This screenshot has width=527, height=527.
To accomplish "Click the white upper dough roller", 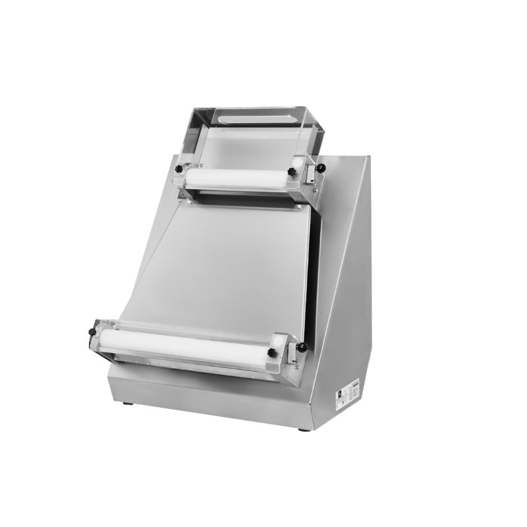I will click(237, 177).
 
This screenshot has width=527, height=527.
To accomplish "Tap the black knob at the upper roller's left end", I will click(179, 169).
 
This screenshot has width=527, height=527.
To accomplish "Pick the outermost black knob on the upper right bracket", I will click(321, 167).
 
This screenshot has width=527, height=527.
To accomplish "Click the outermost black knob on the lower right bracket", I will click(302, 347).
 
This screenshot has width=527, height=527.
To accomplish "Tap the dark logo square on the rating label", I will click(340, 394).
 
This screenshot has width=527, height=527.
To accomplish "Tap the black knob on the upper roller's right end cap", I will click(292, 172).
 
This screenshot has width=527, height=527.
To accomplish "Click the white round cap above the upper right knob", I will click(298, 163).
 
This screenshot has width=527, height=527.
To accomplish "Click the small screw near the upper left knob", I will click(201, 165).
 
